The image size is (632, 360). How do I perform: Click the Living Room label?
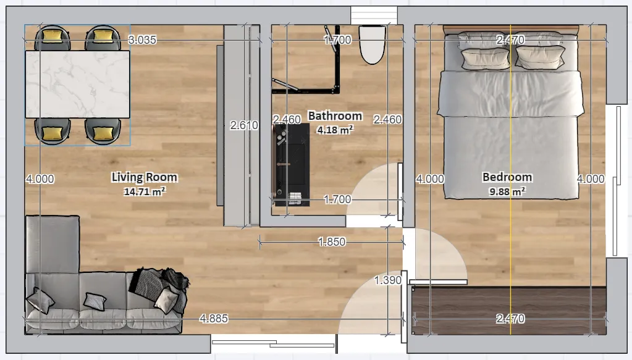pyautogui.click(x=145, y=177)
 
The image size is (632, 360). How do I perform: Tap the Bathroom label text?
pyautogui.click(x=335, y=116)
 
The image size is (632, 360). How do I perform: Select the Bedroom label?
pyautogui.click(x=507, y=177)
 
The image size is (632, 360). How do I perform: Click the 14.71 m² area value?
pyautogui.click(x=145, y=191)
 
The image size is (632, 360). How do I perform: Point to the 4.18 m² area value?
pyautogui.click(x=335, y=130)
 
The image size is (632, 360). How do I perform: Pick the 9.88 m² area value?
pyautogui.click(x=507, y=191)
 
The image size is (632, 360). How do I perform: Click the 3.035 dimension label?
pyautogui.click(x=142, y=40)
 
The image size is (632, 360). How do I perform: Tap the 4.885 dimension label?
pyautogui.click(x=214, y=319)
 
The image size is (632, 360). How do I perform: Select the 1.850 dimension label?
pyautogui.click(x=332, y=241)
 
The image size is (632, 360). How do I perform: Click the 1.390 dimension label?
pyautogui.click(x=388, y=280)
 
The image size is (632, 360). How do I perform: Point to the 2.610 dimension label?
pyautogui.click(x=244, y=125)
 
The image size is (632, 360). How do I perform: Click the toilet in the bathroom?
pyautogui.click(x=372, y=44)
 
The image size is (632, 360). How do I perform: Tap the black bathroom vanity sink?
pyautogui.click(x=290, y=165)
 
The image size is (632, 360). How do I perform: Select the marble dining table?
pyautogui.click(x=77, y=84)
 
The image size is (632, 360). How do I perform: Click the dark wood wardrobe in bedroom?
pyautogui.click(x=508, y=311)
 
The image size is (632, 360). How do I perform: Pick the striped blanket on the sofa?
pyautogui.click(x=161, y=287)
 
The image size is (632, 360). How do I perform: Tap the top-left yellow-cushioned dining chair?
pyautogui.click(x=53, y=38)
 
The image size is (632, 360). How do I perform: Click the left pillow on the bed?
pyautogui.click(x=486, y=59)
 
